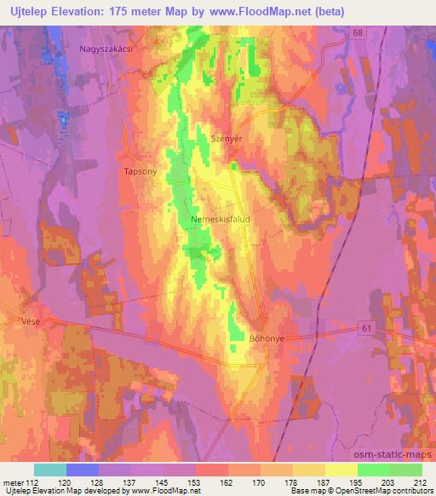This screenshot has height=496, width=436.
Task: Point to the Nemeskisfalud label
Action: [x=224, y=217]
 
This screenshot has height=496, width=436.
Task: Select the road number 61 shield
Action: [x=365, y=328]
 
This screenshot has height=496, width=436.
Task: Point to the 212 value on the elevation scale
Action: [x=420, y=482]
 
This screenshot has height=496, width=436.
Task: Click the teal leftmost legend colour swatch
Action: [x=50, y=470]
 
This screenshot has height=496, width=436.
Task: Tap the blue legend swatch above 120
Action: [x=83, y=470]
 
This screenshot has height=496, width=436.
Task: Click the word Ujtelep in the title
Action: [x=30, y=11]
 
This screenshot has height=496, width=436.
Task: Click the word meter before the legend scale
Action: [x=11, y=482]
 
